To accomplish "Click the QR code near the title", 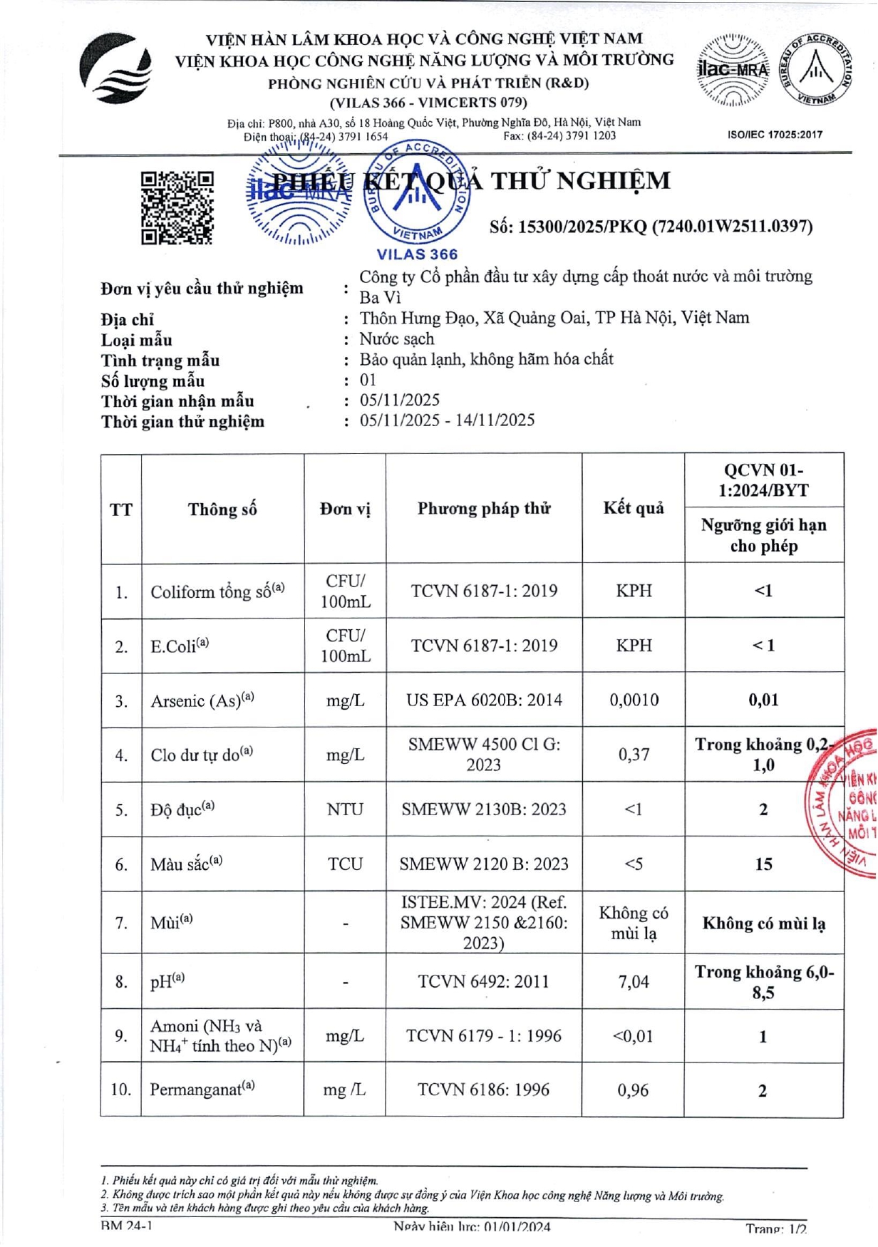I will click(177, 207).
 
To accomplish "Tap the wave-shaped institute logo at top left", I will click(115, 69).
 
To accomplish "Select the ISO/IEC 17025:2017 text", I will click(775, 134).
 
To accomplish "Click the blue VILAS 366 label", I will click(417, 254).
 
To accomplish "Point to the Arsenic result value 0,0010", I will click(634, 700).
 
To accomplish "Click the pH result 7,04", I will click(634, 982).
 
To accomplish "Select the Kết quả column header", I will click(634, 508).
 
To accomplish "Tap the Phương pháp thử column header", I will click(484, 508).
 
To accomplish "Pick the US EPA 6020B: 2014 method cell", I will click(484, 700).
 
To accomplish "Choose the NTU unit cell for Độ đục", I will click(345, 809).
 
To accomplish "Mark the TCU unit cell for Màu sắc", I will click(345, 864).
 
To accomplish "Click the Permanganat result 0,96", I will click(634, 1090).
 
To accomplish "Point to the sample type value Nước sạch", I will click(397, 338).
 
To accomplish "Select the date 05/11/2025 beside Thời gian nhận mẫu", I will click(400, 400).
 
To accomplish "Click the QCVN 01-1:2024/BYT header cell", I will click(763, 480).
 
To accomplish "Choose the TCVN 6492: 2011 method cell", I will click(484, 982).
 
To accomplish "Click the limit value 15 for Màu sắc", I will click(763, 864).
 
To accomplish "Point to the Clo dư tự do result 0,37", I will click(634, 755).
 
